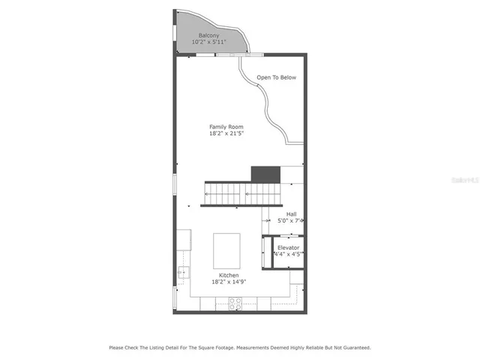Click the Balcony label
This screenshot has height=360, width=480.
209,35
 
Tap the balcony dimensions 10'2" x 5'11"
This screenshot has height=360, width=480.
209,42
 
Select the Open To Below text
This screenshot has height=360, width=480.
276,77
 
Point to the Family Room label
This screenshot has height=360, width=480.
226,127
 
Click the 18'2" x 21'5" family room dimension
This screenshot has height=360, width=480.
226,133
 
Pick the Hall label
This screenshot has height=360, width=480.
291,214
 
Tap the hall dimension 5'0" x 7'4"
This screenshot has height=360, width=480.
290,221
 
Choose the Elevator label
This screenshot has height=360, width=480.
288,247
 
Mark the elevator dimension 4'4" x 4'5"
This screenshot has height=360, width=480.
288,254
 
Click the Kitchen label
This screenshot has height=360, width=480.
229,276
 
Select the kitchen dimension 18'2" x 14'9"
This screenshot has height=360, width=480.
229,283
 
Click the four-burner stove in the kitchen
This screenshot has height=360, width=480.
234,303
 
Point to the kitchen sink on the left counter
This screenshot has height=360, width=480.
182,272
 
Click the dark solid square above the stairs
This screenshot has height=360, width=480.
265,175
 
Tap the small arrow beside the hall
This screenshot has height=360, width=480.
267,221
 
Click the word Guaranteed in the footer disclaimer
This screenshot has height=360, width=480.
354,347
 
